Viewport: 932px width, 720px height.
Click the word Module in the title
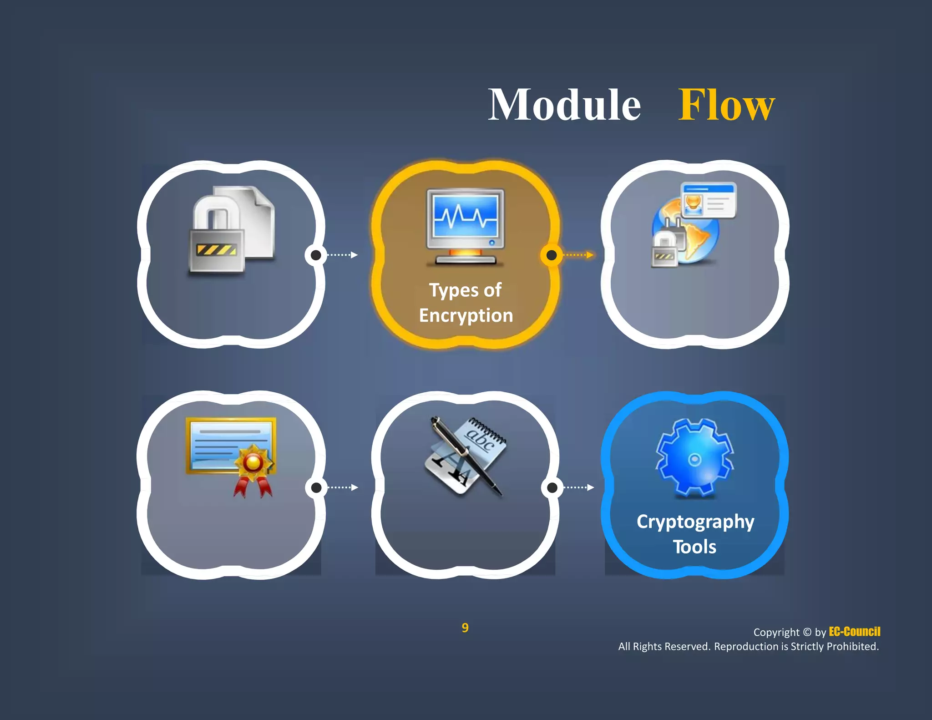(x=564, y=106)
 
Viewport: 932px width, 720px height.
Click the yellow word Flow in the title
(x=726, y=106)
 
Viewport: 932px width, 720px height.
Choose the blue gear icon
(x=694, y=457)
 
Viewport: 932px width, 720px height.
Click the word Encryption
(x=466, y=315)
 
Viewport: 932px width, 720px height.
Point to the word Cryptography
(x=695, y=522)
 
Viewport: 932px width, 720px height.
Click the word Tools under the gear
(x=694, y=547)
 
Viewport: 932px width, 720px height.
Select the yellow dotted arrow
(x=578, y=255)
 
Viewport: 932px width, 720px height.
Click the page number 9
(x=465, y=628)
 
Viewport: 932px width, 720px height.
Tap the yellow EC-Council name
(x=854, y=632)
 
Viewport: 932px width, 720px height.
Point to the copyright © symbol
(x=807, y=632)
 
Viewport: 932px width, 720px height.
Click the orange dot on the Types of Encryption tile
(x=551, y=255)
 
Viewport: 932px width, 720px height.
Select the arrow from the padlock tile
(x=342, y=255)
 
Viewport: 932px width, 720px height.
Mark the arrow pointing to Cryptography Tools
(x=578, y=487)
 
